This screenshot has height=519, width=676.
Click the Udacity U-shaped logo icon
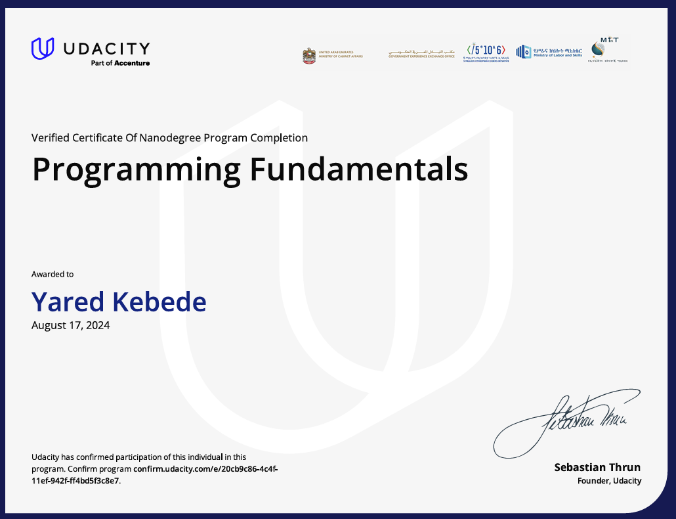(43, 49)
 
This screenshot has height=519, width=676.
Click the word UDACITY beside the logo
(106, 49)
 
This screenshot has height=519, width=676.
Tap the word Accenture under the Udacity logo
(133, 63)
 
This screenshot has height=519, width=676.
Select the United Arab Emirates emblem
(309, 55)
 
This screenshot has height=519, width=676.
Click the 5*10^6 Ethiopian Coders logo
(486, 52)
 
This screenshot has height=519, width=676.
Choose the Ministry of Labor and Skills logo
(549, 52)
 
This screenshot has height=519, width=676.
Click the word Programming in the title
(137, 170)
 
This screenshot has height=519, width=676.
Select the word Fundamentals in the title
(358, 169)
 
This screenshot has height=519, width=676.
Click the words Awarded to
(53, 274)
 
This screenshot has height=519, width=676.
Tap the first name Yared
(68, 302)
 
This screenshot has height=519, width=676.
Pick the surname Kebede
(159, 302)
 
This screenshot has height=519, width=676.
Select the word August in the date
(49, 325)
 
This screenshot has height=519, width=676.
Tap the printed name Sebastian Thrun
(597, 468)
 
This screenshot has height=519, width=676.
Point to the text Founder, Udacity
(609, 481)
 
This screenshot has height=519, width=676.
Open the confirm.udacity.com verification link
(205, 469)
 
